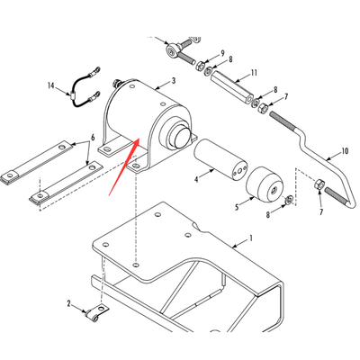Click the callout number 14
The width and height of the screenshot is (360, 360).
[51, 85]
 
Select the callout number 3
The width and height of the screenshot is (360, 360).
[174, 81]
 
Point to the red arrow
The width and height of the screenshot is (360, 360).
[124, 166]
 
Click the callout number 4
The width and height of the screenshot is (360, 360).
[196, 179]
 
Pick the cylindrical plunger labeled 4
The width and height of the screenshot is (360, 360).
[220, 159]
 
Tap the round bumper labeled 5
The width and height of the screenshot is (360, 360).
[265, 184]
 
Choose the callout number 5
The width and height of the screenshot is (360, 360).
[237, 207]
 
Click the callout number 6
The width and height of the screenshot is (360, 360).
[93, 138]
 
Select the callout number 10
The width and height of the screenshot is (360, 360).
[345, 150]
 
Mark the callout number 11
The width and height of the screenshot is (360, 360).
[254, 73]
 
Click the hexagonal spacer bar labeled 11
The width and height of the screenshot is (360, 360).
[231, 88]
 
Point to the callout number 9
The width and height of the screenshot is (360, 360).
[222, 53]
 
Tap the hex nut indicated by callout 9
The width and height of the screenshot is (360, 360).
[201, 65]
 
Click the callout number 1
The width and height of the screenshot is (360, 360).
[251, 238]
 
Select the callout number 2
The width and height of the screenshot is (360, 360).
[68, 304]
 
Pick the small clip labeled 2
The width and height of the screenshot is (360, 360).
[96, 313]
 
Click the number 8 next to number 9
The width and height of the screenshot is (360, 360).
[230, 59]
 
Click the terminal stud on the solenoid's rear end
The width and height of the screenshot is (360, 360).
[115, 83]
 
